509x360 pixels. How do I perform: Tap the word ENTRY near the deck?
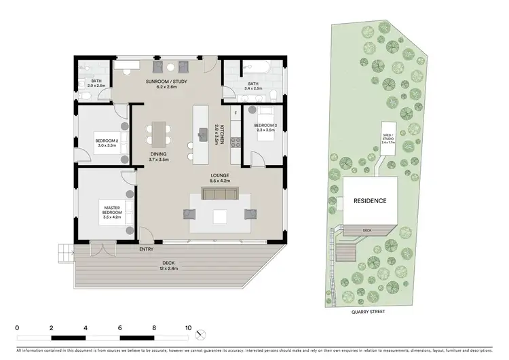(146, 250)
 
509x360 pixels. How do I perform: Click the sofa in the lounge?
(219, 196)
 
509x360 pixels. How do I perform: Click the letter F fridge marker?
(236, 112)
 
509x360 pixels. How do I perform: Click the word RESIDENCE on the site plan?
(370, 201)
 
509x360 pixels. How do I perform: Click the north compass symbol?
(198, 335)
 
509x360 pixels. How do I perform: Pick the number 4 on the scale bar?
(86, 327)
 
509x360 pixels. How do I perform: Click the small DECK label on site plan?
(367, 230)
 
